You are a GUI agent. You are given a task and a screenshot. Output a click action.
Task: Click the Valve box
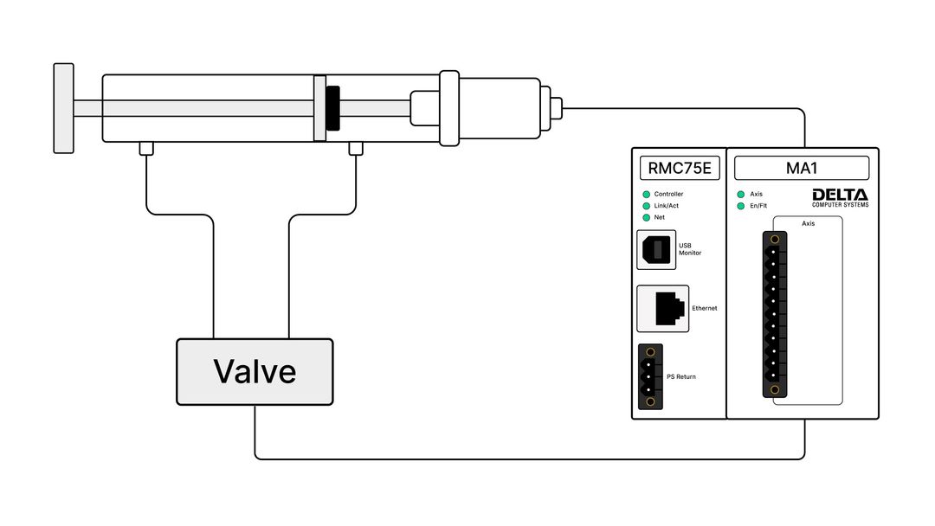(255, 372)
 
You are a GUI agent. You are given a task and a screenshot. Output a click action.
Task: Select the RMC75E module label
(680, 168)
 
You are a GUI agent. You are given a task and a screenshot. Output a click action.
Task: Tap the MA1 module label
(802, 168)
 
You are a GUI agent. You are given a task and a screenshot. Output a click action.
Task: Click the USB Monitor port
(656, 250)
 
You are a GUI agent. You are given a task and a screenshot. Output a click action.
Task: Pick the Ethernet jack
(662, 308)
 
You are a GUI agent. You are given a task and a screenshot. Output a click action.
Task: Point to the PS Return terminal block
(650, 376)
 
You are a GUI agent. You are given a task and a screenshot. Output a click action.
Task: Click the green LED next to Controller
(646, 195)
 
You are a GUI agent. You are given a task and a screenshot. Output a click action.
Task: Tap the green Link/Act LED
(646, 206)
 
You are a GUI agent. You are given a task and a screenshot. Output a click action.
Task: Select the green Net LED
(646, 217)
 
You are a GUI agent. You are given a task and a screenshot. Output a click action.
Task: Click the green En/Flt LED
(740, 206)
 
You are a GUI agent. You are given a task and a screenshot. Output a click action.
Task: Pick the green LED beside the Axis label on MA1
(740, 195)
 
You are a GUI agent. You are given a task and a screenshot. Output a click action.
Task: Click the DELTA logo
(840, 195)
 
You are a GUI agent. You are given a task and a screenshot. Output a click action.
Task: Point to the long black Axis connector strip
(774, 314)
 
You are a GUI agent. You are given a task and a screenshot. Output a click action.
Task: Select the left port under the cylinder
(146, 149)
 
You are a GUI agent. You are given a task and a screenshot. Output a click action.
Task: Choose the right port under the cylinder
(355, 149)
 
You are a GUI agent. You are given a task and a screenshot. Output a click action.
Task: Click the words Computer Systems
(840, 205)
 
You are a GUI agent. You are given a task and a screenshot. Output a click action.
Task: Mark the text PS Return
(681, 377)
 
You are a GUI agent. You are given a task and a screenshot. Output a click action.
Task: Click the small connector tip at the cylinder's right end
(557, 108)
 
